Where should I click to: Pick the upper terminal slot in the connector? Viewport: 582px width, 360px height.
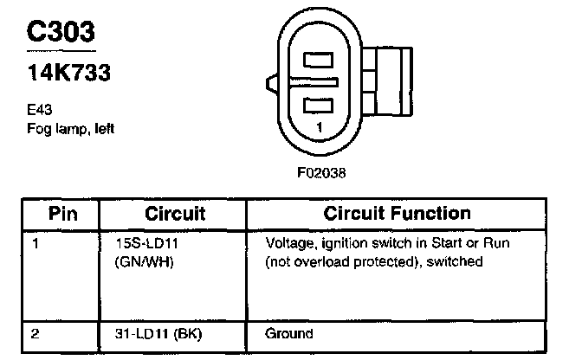[318, 62]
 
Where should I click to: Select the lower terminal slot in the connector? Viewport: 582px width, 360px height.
[318, 106]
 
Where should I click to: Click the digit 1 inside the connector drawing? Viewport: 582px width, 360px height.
[320, 127]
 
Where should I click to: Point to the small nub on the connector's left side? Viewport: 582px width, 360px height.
[268, 85]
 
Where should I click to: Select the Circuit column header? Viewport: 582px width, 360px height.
[174, 214]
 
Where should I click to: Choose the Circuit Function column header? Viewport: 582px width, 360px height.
[397, 214]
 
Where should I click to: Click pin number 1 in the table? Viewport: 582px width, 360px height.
[36, 244]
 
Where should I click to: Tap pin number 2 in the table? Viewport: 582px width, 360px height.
[36, 333]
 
